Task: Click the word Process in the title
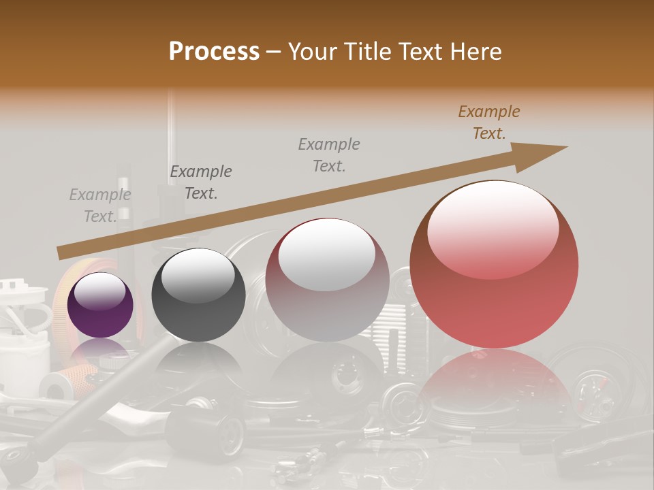pos(214,52)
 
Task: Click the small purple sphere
pos(100,305)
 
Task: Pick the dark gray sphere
pos(198,295)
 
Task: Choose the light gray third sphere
pos(327,279)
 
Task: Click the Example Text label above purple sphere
pos(100,206)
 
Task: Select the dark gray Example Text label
pos(201,182)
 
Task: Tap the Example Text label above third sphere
pos(329,154)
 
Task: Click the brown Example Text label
pos(489,122)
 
